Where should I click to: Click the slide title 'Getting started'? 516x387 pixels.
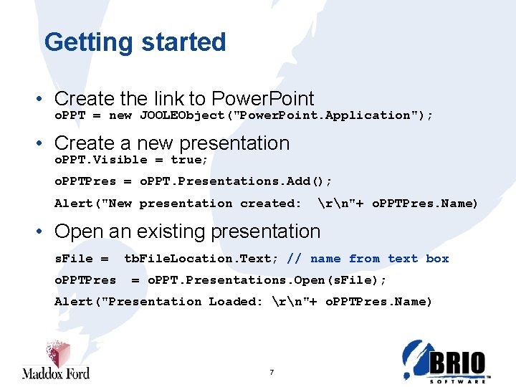(135, 42)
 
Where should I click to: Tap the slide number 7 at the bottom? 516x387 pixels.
(272, 372)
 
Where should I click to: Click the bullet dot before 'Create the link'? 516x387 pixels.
(44, 99)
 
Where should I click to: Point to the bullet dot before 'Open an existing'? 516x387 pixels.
(44, 232)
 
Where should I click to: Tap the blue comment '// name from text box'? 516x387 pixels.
(368, 259)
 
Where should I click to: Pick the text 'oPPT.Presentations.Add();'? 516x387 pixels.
(235, 181)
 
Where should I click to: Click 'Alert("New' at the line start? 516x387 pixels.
(93, 204)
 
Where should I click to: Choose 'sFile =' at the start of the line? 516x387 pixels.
(82, 259)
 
